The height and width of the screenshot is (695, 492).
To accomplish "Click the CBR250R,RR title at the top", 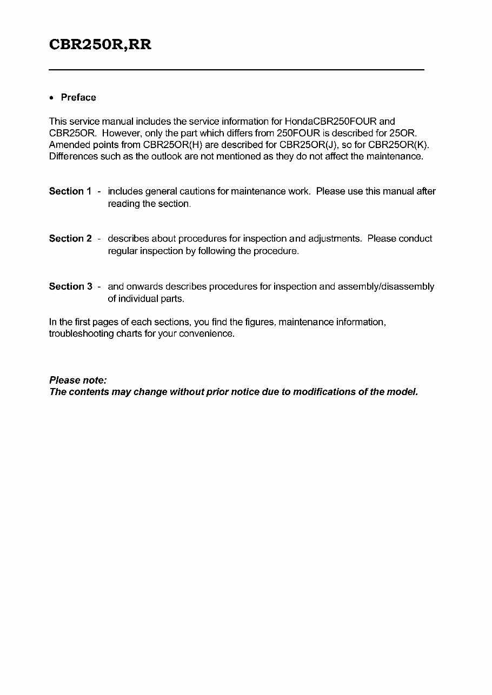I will click(x=100, y=45).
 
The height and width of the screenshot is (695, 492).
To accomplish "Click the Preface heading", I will click(x=78, y=97).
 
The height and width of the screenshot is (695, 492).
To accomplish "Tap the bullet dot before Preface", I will click(x=51, y=98).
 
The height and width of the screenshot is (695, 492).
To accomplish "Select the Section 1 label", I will click(x=70, y=191).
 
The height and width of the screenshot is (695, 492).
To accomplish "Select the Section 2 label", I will click(x=70, y=238).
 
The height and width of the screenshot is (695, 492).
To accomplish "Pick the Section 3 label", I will click(x=70, y=286).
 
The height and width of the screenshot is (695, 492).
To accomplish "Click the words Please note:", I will click(x=78, y=380).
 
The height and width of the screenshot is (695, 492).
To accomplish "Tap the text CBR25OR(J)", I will click(x=306, y=145).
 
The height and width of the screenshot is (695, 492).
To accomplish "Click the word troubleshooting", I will click(x=82, y=333).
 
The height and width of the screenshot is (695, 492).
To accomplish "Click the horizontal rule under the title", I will click(x=236, y=70).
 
